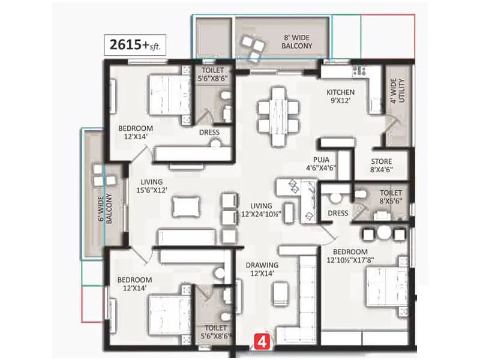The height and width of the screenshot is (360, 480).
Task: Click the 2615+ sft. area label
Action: point(134,45)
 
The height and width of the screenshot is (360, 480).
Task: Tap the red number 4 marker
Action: point(262,342)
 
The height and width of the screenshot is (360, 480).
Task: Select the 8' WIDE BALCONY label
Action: point(298,41)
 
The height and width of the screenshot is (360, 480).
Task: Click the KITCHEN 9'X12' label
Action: point(340,97)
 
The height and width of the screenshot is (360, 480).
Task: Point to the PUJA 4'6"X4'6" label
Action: point(321,164)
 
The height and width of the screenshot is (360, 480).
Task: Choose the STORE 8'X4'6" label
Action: point(382,166)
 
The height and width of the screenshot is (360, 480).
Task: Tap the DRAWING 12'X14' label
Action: point(261,269)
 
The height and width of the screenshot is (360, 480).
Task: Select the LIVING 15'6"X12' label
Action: point(154,186)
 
